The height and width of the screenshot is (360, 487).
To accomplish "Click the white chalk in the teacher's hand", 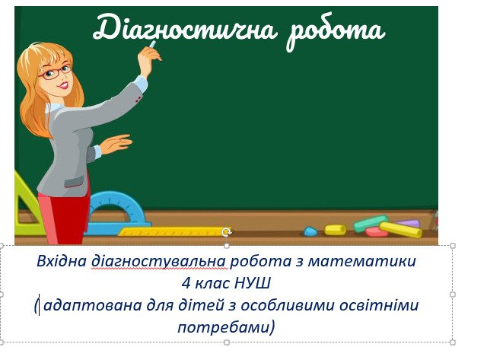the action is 152,44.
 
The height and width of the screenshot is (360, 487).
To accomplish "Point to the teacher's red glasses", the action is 56,72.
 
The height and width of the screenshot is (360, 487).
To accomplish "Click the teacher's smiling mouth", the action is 64,85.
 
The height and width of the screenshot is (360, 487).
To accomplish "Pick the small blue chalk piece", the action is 310,231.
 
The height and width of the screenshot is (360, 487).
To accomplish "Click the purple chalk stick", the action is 409,223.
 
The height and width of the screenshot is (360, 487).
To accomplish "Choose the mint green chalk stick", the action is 371,223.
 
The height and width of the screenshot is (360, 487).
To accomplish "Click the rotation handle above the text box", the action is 227,231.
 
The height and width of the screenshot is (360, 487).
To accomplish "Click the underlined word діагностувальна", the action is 158,261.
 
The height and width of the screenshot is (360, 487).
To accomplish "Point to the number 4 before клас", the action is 186,283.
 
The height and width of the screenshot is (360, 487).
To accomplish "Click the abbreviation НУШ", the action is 253,283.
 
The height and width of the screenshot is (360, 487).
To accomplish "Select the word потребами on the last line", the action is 223,327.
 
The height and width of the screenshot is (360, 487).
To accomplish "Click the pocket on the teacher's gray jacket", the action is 74,182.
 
